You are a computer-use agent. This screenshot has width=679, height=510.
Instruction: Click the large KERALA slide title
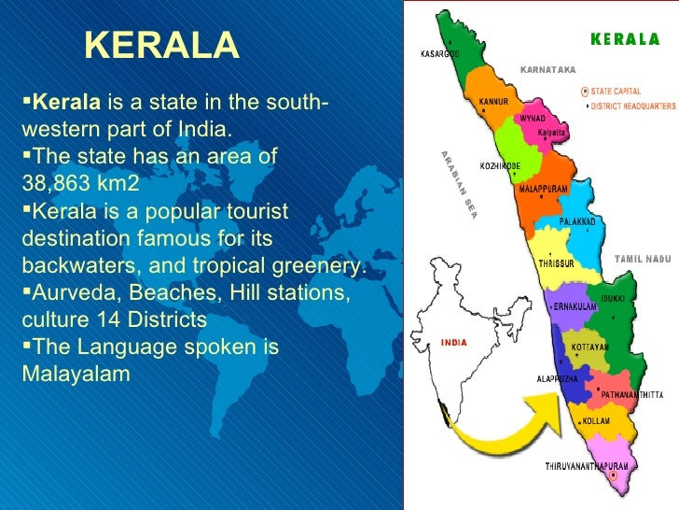point(162,45)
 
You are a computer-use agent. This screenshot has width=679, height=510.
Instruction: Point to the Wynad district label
point(533,120)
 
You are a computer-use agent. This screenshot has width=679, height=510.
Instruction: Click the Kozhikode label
point(500,165)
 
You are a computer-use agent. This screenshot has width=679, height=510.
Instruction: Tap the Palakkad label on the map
point(577,221)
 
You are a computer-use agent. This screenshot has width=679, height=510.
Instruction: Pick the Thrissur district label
point(556,263)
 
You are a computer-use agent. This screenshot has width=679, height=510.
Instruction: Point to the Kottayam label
point(589,346)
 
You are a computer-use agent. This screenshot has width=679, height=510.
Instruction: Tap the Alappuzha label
point(558,379)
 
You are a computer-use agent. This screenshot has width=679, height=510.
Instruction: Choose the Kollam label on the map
point(597,422)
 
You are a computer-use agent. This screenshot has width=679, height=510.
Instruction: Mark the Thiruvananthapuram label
point(587,465)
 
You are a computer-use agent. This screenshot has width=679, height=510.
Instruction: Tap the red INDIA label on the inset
point(454,342)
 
